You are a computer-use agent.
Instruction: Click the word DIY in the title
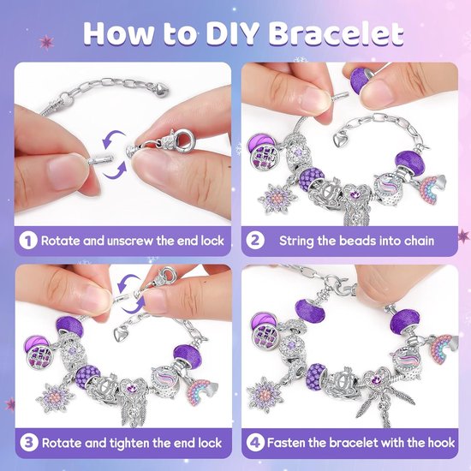(x=232, y=33)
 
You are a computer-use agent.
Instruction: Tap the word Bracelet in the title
(x=336, y=33)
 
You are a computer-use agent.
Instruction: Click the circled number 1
(x=28, y=241)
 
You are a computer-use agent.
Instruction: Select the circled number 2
(x=255, y=241)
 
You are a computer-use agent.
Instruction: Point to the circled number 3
(x=29, y=443)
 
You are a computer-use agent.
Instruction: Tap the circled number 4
(x=255, y=443)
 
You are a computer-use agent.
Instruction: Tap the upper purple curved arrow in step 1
(x=113, y=138)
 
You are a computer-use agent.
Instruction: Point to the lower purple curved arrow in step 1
(x=116, y=170)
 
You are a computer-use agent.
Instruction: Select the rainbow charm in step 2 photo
(x=432, y=189)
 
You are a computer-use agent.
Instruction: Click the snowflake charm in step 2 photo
(x=277, y=199)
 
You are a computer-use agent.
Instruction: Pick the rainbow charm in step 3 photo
(x=201, y=391)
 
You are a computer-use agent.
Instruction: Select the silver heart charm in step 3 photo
(x=122, y=334)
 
